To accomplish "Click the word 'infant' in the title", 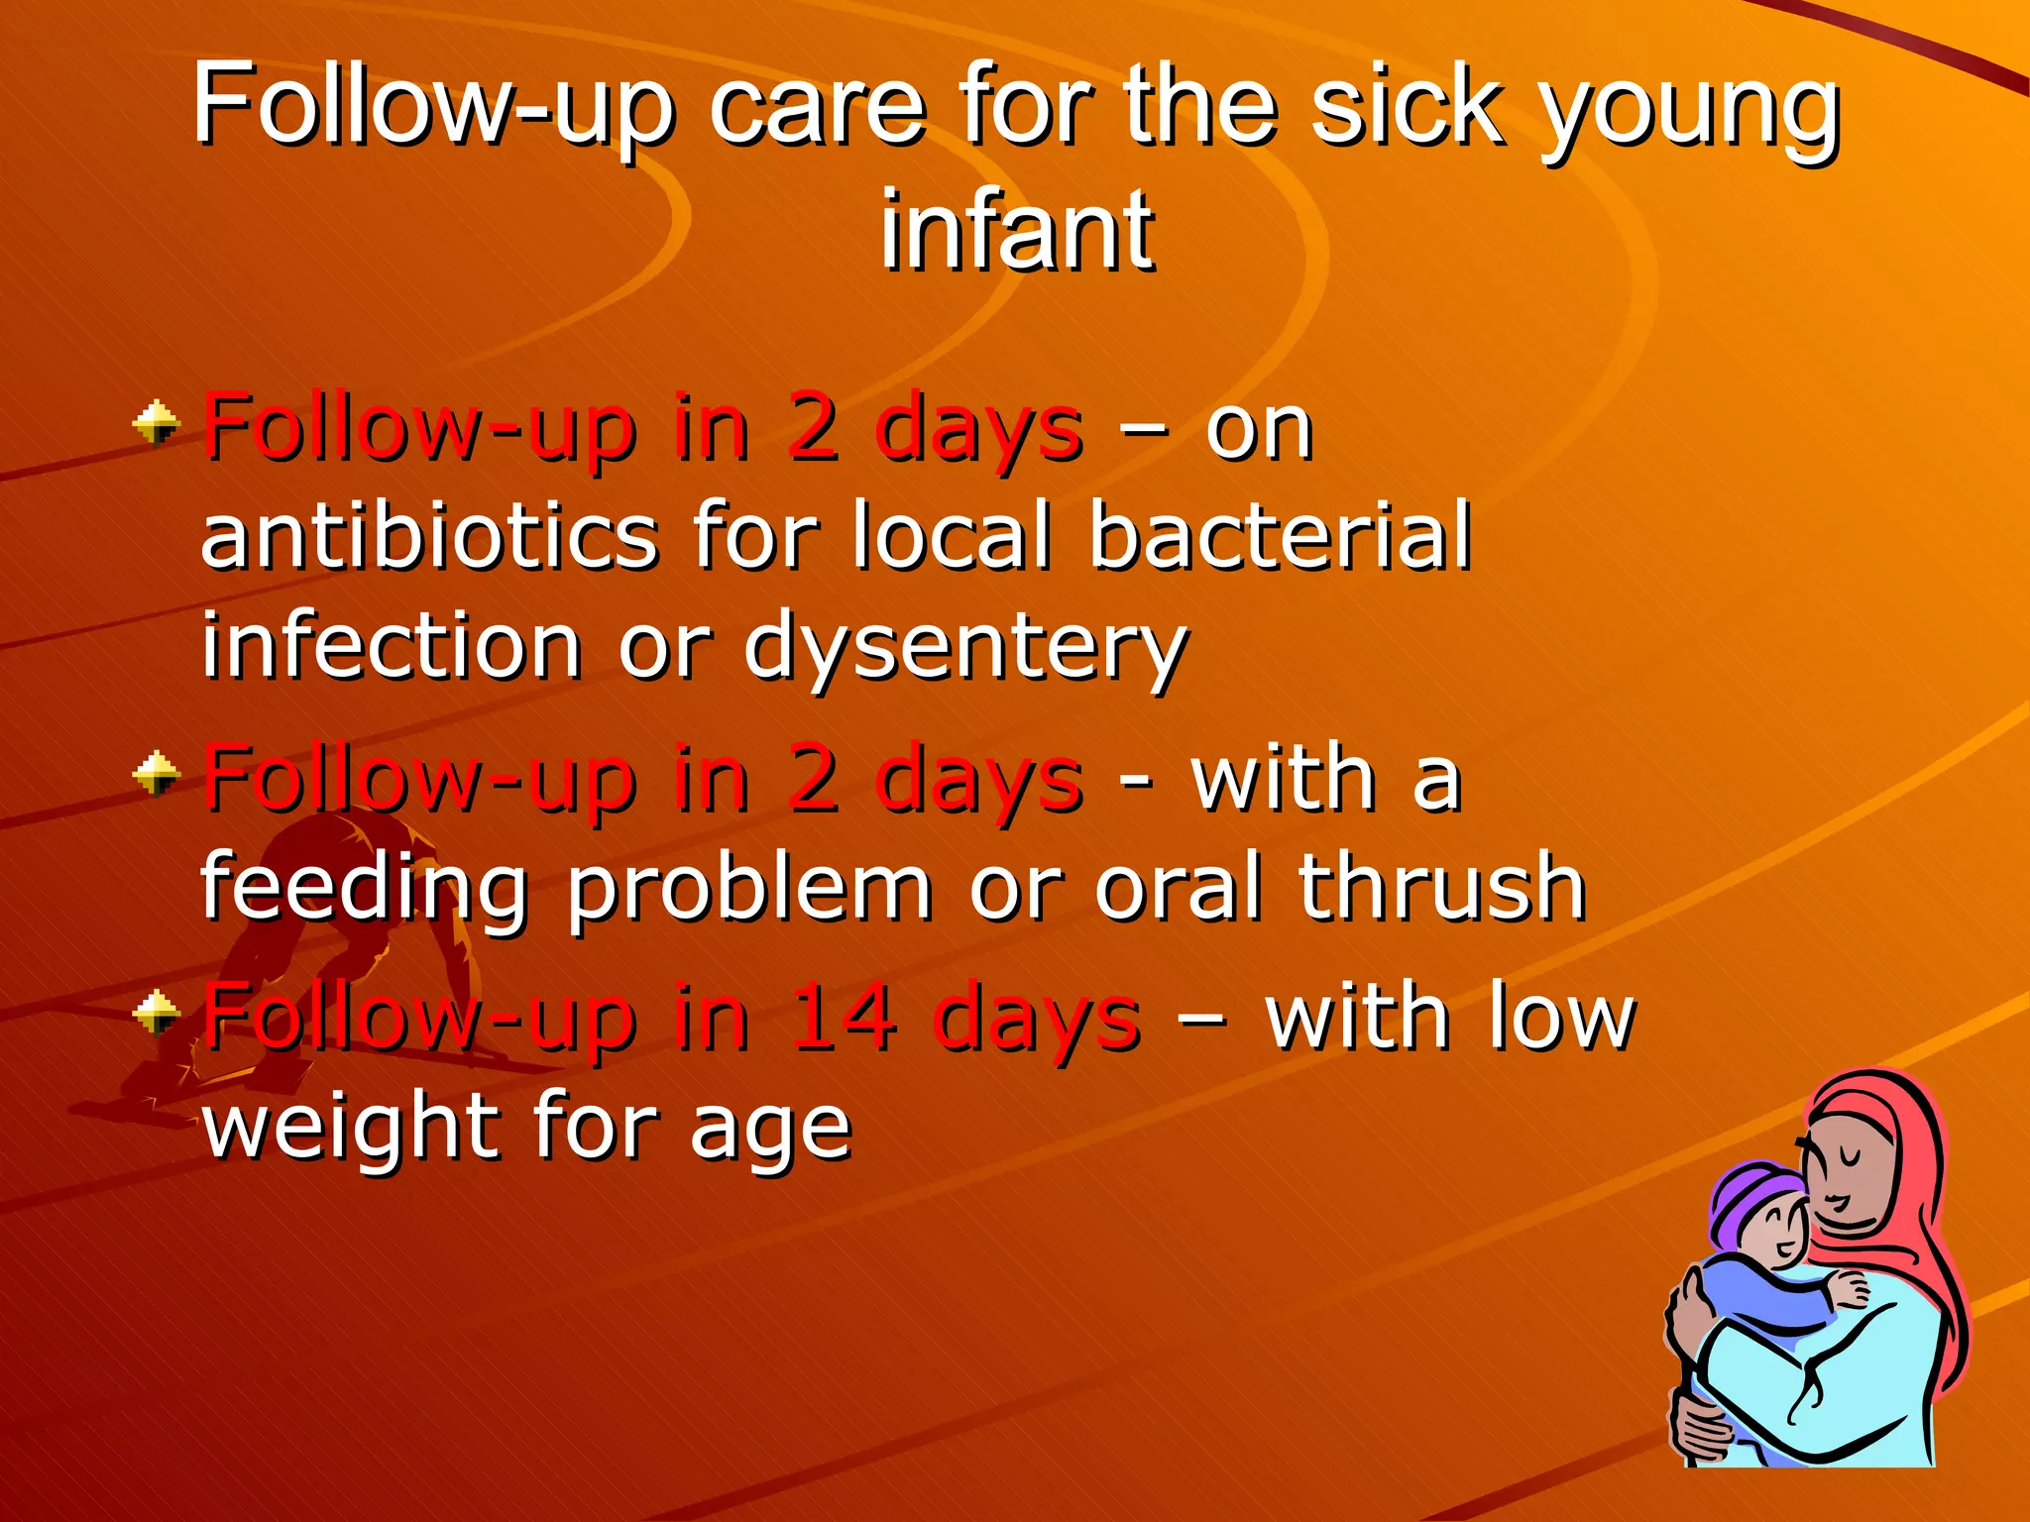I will click(1017, 230).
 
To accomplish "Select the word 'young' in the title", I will click(1689, 111).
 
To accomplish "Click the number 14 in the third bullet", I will click(845, 1015).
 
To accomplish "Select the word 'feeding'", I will click(365, 889).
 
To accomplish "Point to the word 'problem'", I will click(749, 887).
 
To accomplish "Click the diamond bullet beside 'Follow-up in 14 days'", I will click(157, 1012).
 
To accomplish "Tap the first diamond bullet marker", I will click(157, 424).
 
